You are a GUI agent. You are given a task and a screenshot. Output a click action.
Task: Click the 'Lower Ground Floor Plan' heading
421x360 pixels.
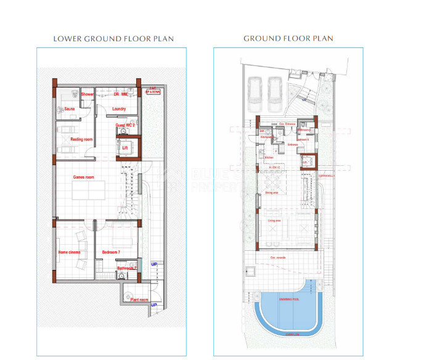pos(113,38)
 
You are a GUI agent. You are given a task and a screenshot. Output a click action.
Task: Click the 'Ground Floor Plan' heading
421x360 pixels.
pos(288,38)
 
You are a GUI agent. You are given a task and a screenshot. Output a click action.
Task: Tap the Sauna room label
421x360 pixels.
pos(69,109)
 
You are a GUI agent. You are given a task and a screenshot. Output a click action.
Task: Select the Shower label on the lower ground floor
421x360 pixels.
pos(88,94)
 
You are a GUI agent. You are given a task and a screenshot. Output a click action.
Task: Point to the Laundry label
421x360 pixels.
pos(120,109)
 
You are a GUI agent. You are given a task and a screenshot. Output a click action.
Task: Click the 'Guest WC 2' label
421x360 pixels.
pos(125,125)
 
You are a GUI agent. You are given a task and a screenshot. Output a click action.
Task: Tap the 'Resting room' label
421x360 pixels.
pos(81,139)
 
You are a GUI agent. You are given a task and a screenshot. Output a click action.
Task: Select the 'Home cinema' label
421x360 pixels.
pos(70,253)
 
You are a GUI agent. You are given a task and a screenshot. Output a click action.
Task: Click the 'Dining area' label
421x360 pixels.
pos(272,193)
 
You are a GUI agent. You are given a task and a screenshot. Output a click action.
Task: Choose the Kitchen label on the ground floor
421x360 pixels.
pos(269,158)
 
